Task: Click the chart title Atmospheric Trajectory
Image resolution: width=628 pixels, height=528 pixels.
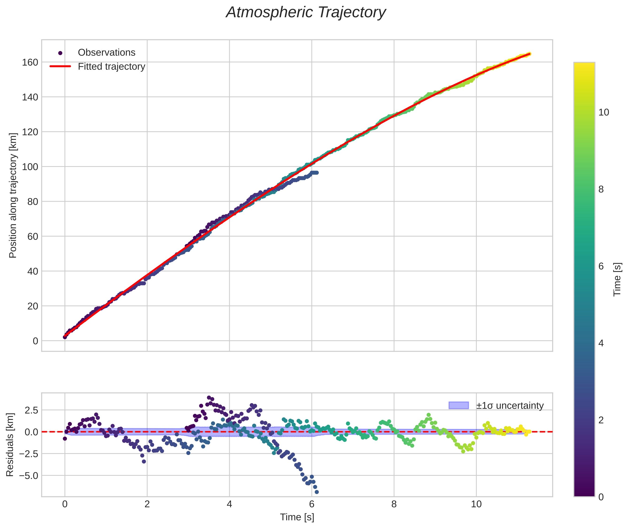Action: (x=306, y=12)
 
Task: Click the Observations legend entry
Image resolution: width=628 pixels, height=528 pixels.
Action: (x=106, y=53)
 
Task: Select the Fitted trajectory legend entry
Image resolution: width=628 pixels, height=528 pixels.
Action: (x=111, y=67)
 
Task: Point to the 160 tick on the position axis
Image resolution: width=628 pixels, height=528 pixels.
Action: (x=30, y=62)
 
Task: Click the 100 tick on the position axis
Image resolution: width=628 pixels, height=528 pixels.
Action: (x=30, y=167)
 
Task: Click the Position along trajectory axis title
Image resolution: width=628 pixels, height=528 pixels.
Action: (x=13, y=195)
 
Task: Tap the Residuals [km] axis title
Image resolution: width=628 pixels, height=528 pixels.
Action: (x=10, y=445)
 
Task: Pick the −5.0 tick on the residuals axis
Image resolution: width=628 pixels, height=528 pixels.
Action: (x=28, y=476)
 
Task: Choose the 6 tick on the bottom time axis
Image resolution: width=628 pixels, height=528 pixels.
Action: (x=312, y=504)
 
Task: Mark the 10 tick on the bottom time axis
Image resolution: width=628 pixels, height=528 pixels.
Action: (x=476, y=504)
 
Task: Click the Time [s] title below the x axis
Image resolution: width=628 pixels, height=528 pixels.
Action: (x=297, y=517)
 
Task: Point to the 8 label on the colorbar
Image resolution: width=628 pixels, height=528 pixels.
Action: (x=601, y=189)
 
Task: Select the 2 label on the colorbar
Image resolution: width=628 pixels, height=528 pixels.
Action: (x=601, y=420)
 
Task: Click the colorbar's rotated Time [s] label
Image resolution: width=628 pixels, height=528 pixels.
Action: (x=617, y=279)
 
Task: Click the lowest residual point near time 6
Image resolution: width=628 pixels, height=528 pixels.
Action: (x=316, y=492)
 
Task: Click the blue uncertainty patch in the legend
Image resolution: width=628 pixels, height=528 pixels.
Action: (x=458, y=406)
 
